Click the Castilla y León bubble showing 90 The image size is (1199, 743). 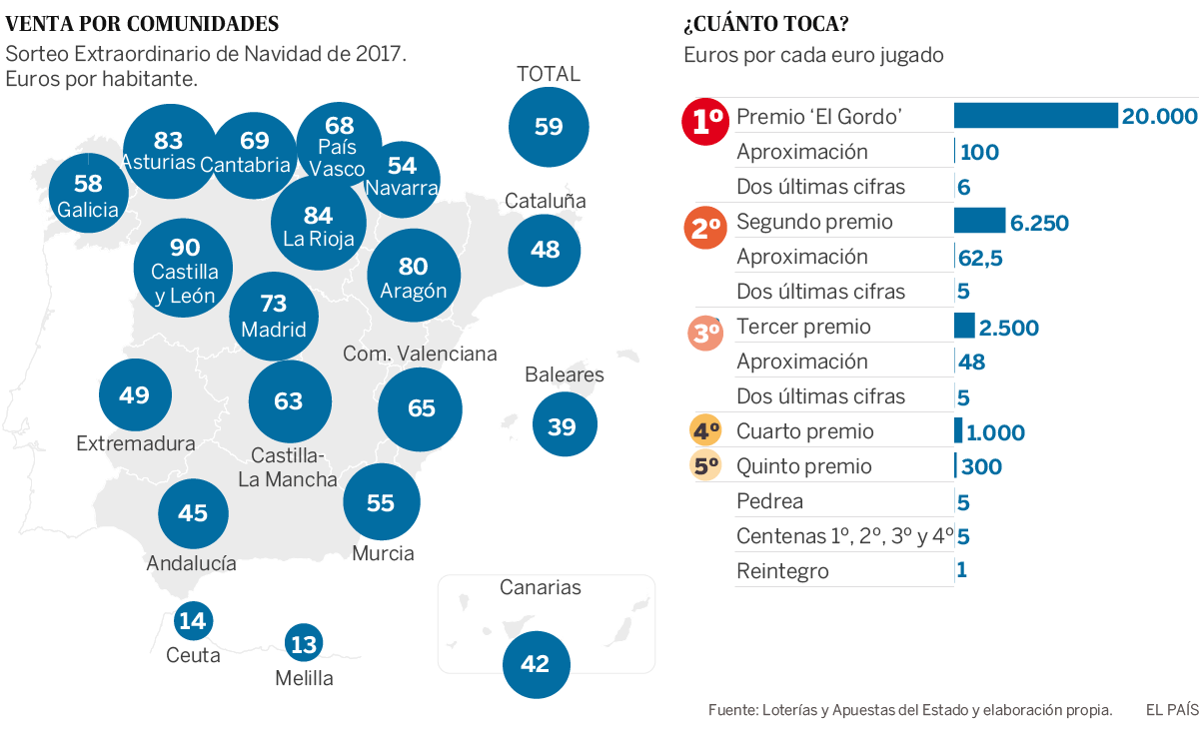184,268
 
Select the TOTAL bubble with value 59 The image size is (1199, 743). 549,127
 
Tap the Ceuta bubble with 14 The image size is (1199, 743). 193,621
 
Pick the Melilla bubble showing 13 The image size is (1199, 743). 303,644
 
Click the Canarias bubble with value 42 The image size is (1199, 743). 536,664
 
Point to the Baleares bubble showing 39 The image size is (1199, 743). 564,426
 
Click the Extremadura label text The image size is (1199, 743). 136,443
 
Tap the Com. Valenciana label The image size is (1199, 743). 420,354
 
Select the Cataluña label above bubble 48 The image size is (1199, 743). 545,201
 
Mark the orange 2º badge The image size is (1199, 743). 706,228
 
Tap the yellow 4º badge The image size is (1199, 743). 706,432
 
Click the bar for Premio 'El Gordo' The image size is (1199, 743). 1035,116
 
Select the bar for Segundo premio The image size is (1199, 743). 979,221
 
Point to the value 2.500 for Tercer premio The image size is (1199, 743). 1009,328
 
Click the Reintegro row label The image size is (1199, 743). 782,572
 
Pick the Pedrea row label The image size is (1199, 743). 769,501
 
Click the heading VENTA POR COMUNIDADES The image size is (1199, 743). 142,24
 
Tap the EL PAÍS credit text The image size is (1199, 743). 1171,711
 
